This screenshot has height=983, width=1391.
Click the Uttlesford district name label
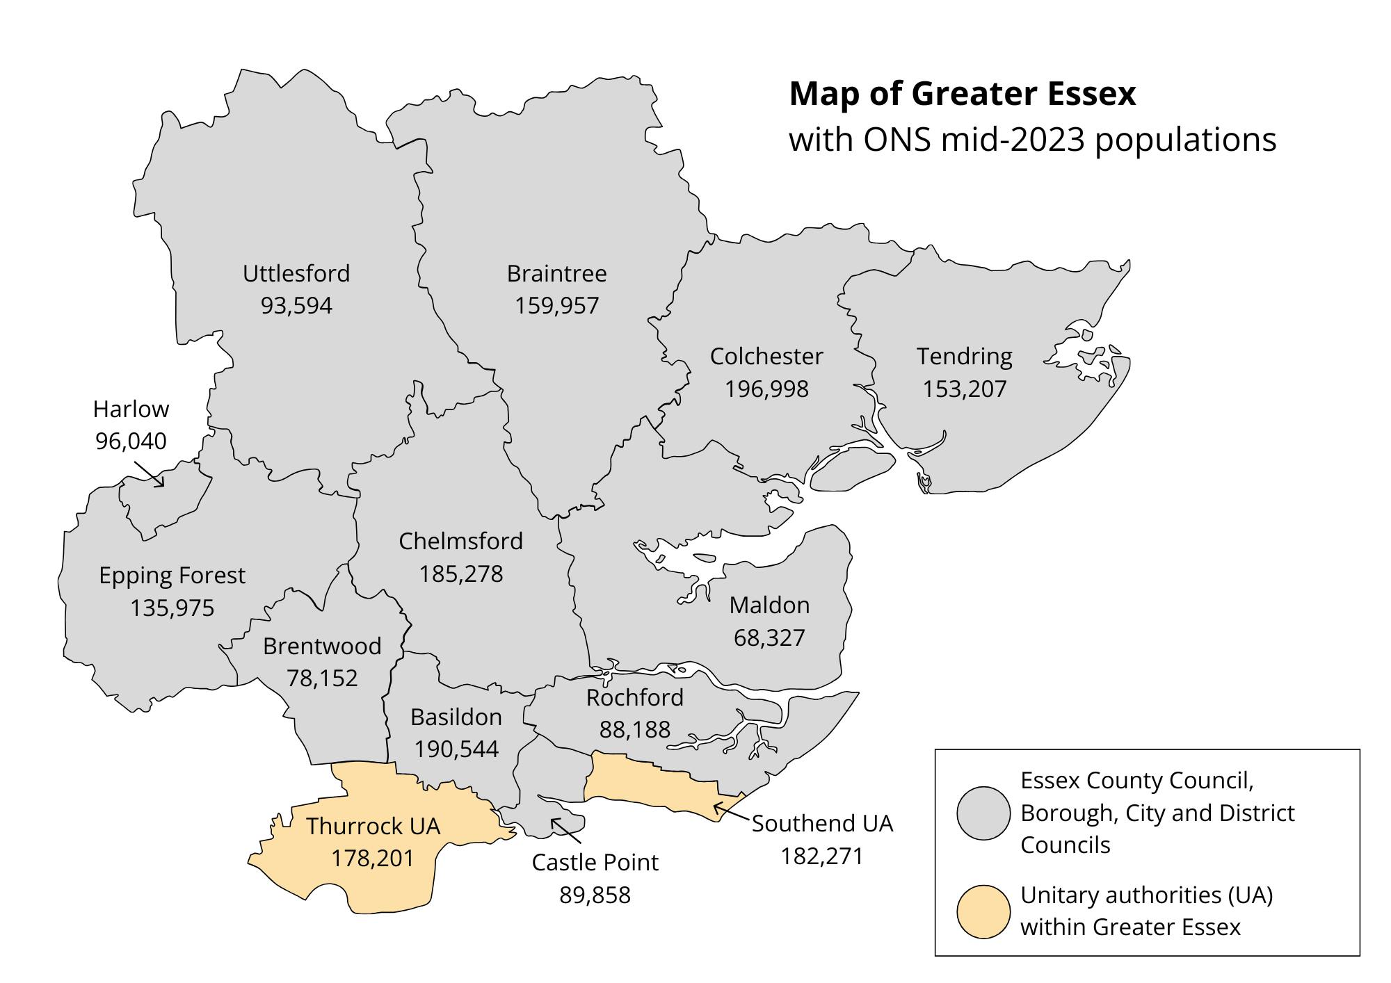pos(296,273)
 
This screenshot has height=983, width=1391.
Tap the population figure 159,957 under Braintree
pos(556,306)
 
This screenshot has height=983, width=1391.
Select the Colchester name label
pos(766,356)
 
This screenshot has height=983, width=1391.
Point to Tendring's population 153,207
pos(964,389)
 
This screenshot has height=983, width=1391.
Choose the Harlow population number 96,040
pos(131,441)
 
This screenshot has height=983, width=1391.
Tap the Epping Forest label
pos(172,576)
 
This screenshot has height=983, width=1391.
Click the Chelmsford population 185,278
pos(460,574)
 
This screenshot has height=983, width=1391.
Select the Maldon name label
pos(769,605)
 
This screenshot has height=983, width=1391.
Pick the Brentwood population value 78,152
pos(322,678)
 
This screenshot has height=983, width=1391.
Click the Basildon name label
pos(456,717)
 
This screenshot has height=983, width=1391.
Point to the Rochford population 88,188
pos(634,729)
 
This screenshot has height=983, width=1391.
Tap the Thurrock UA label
pos(373,826)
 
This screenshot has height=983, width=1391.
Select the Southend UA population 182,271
pos(821,856)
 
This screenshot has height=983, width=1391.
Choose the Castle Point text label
pos(595,862)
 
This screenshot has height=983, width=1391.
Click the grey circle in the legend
pos(983,813)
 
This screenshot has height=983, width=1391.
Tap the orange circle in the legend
pos(983,912)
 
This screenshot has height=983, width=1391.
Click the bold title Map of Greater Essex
pos(963,94)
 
